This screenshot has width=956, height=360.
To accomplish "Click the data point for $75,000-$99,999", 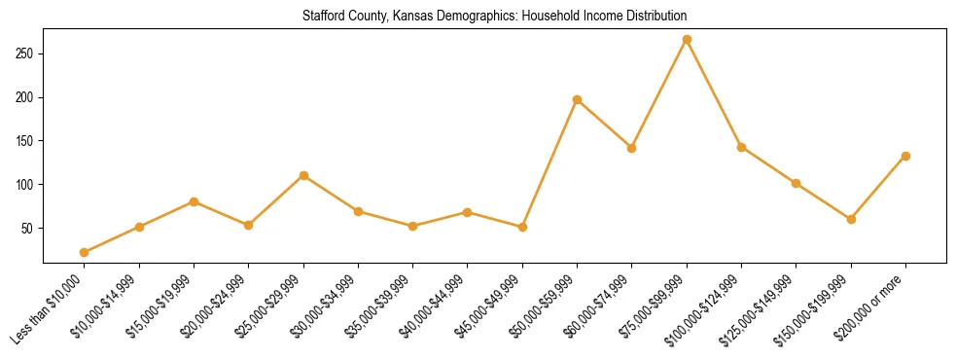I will point(687,40).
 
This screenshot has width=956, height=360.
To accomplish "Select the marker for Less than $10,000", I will point(85,252).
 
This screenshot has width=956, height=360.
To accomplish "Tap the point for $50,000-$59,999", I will point(578,99).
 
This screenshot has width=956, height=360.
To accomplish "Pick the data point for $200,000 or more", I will point(905,156).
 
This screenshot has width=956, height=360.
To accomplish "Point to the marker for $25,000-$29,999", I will point(303,176).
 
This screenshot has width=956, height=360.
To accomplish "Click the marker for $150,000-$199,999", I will point(851,219).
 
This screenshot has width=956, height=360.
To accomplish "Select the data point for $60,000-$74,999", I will point(632,148).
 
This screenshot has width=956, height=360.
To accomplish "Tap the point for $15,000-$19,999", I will point(195,201).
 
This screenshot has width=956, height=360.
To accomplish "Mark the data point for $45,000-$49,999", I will point(522,227).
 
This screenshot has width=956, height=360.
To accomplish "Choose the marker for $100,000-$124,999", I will point(741,147).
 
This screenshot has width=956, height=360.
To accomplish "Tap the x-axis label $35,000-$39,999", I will point(380,309).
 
